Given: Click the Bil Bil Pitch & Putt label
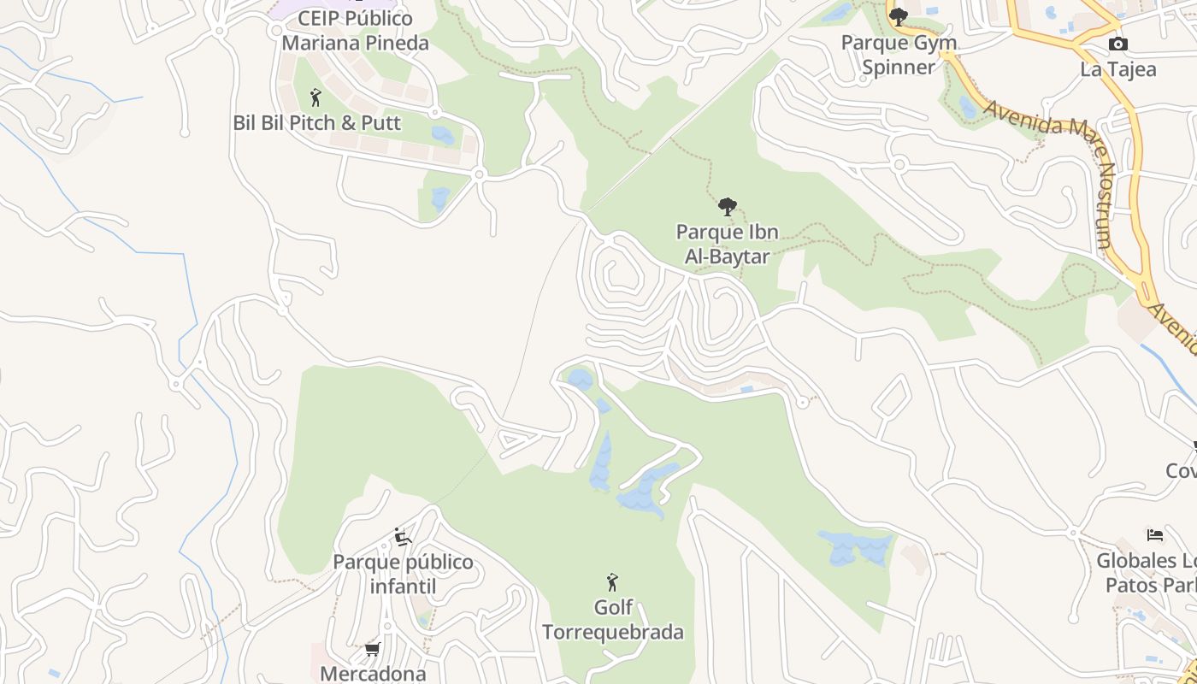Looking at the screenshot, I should pyautogui.click(x=316, y=122).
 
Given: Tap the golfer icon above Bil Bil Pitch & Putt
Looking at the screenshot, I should pyautogui.click(x=315, y=97).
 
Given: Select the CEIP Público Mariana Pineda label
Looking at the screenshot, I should pyautogui.click(x=355, y=30).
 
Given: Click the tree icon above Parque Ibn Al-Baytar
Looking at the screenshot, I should pyautogui.click(x=727, y=206).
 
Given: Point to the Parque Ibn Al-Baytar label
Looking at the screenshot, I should pyautogui.click(x=727, y=244).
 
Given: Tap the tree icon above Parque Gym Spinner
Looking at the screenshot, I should pyautogui.click(x=898, y=16).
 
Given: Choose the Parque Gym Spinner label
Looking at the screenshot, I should pyautogui.click(x=899, y=55).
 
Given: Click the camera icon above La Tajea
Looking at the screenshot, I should pyautogui.click(x=1117, y=44).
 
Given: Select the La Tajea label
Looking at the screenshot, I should pyautogui.click(x=1117, y=69).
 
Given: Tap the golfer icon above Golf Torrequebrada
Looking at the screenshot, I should pyautogui.click(x=612, y=582).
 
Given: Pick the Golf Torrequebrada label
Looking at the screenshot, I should pyautogui.click(x=613, y=620).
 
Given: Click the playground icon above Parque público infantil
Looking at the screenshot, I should pyautogui.click(x=403, y=537).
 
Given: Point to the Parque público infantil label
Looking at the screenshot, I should pyautogui.click(x=403, y=574).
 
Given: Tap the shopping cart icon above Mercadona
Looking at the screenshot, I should pyautogui.click(x=373, y=650).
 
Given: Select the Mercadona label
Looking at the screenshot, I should pyautogui.click(x=373, y=674).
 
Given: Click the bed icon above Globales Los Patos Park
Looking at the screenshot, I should pyautogui.click(x=1155, y=536).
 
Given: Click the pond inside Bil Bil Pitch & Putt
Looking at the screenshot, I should pyautogui.click(x=443, y=135).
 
